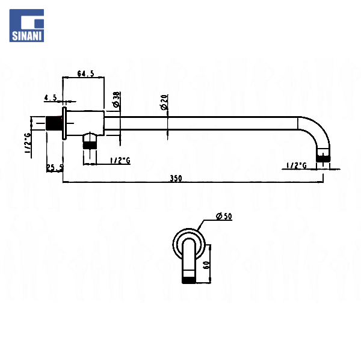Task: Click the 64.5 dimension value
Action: tap(86, 74)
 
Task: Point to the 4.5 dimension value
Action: tap(51, 97)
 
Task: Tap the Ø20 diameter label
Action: tap(163, 102)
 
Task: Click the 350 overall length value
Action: tap(176, 178)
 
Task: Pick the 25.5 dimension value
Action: tap(55, 168)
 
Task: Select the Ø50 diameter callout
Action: tap(223, 217)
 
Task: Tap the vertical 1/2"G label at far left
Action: tap(28, 145)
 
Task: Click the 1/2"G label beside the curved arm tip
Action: tap(297, 165)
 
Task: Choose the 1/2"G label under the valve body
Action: tap(120, 160)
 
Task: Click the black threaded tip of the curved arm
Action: tap(324, 158)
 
